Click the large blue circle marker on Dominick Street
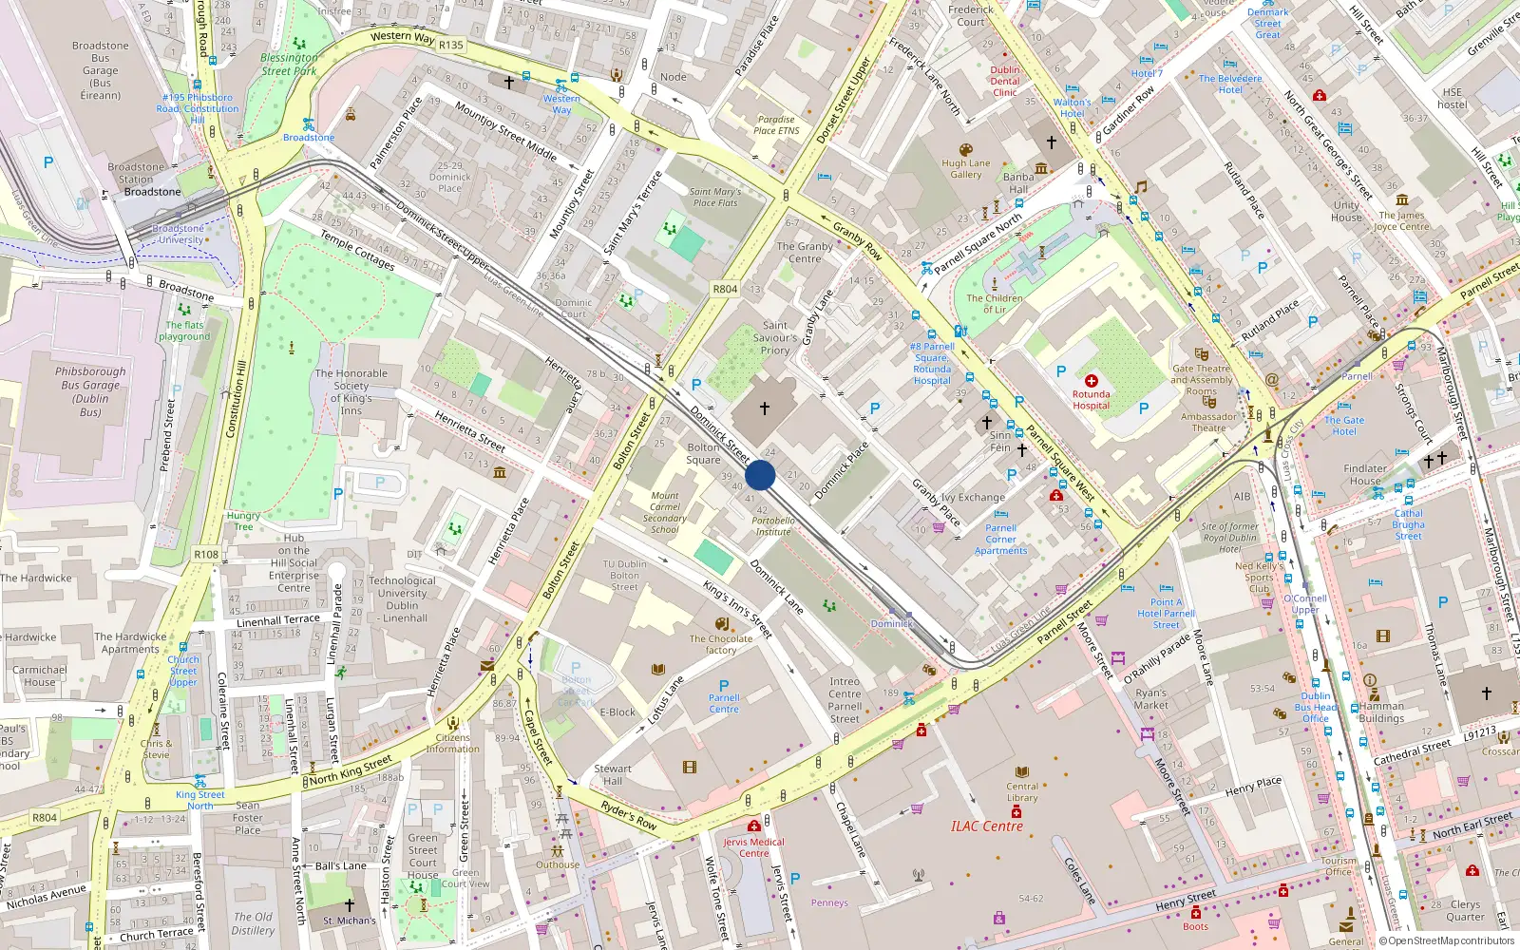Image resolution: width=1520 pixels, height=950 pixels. (760, 475)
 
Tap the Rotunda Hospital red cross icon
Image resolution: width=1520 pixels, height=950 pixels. (1091, 381)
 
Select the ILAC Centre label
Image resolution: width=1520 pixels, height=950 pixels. (987, 826)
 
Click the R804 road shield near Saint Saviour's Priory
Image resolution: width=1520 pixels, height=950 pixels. (725, 289)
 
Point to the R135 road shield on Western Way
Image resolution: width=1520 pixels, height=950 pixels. (451, 45)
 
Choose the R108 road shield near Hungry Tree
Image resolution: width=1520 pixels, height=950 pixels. (206, 554)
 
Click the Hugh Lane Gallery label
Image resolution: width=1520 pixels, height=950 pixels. (966, 169)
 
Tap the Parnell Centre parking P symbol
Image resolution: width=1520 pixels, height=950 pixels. (724, 685)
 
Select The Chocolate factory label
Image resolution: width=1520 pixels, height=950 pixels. (721, 644)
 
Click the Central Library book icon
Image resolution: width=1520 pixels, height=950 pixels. (1022, 771)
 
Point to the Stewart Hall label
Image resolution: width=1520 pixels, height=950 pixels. (613, 774)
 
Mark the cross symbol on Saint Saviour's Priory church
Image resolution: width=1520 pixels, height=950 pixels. (765, 408)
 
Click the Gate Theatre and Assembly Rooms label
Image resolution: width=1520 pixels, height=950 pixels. (1202, 380)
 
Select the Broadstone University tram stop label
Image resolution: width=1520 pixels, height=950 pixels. (179, 234)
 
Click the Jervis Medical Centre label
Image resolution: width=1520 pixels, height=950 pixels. (754, 847)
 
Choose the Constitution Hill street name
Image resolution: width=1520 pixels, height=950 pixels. (236, 399)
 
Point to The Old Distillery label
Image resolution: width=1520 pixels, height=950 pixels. (253, 923)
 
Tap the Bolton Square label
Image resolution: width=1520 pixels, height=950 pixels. (703, 453)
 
